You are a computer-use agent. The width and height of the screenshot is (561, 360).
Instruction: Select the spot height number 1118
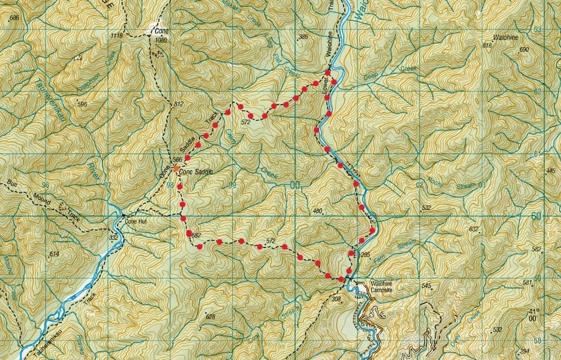(x=117, y=36)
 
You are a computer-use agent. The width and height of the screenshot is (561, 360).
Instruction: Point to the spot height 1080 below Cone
(x=160, y=40)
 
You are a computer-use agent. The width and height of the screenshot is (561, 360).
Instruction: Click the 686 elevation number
(x=15, y=18)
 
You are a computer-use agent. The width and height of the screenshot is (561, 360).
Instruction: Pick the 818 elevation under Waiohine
(x=488, y=45)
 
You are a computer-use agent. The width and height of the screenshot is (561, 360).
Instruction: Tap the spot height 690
(x=524, y=49)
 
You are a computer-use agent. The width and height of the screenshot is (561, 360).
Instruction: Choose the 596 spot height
(x=82, y=105)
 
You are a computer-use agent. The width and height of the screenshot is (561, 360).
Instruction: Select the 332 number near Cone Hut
(x=114, y=237)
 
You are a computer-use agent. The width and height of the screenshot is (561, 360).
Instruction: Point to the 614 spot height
(x=55, y=254)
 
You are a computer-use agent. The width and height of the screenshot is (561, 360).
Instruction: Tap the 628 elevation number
(x=210, y=317)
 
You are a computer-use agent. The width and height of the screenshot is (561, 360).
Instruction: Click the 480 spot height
(x=316, y=211)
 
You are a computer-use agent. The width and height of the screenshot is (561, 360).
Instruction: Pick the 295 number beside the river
(x=366, y=255)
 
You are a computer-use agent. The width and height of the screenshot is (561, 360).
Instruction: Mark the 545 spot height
(x=426, y=286)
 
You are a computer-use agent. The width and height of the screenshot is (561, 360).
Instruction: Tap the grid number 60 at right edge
(x=537, y=215)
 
